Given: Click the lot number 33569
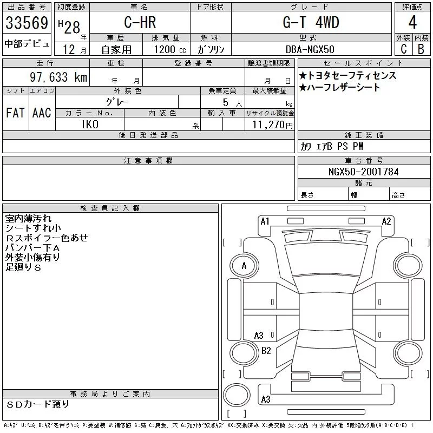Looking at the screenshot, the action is [27, 23].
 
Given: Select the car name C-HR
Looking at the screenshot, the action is [140, 22].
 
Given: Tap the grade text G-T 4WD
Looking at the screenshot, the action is [311, 22].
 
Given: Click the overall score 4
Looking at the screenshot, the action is [412, 22].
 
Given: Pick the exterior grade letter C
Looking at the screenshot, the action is [404, 49].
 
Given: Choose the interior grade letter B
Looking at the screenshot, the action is [421, 49].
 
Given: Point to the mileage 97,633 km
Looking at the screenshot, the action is [58, 77].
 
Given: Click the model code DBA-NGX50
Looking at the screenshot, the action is [310, 49].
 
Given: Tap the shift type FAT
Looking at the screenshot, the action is [15, 113].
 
